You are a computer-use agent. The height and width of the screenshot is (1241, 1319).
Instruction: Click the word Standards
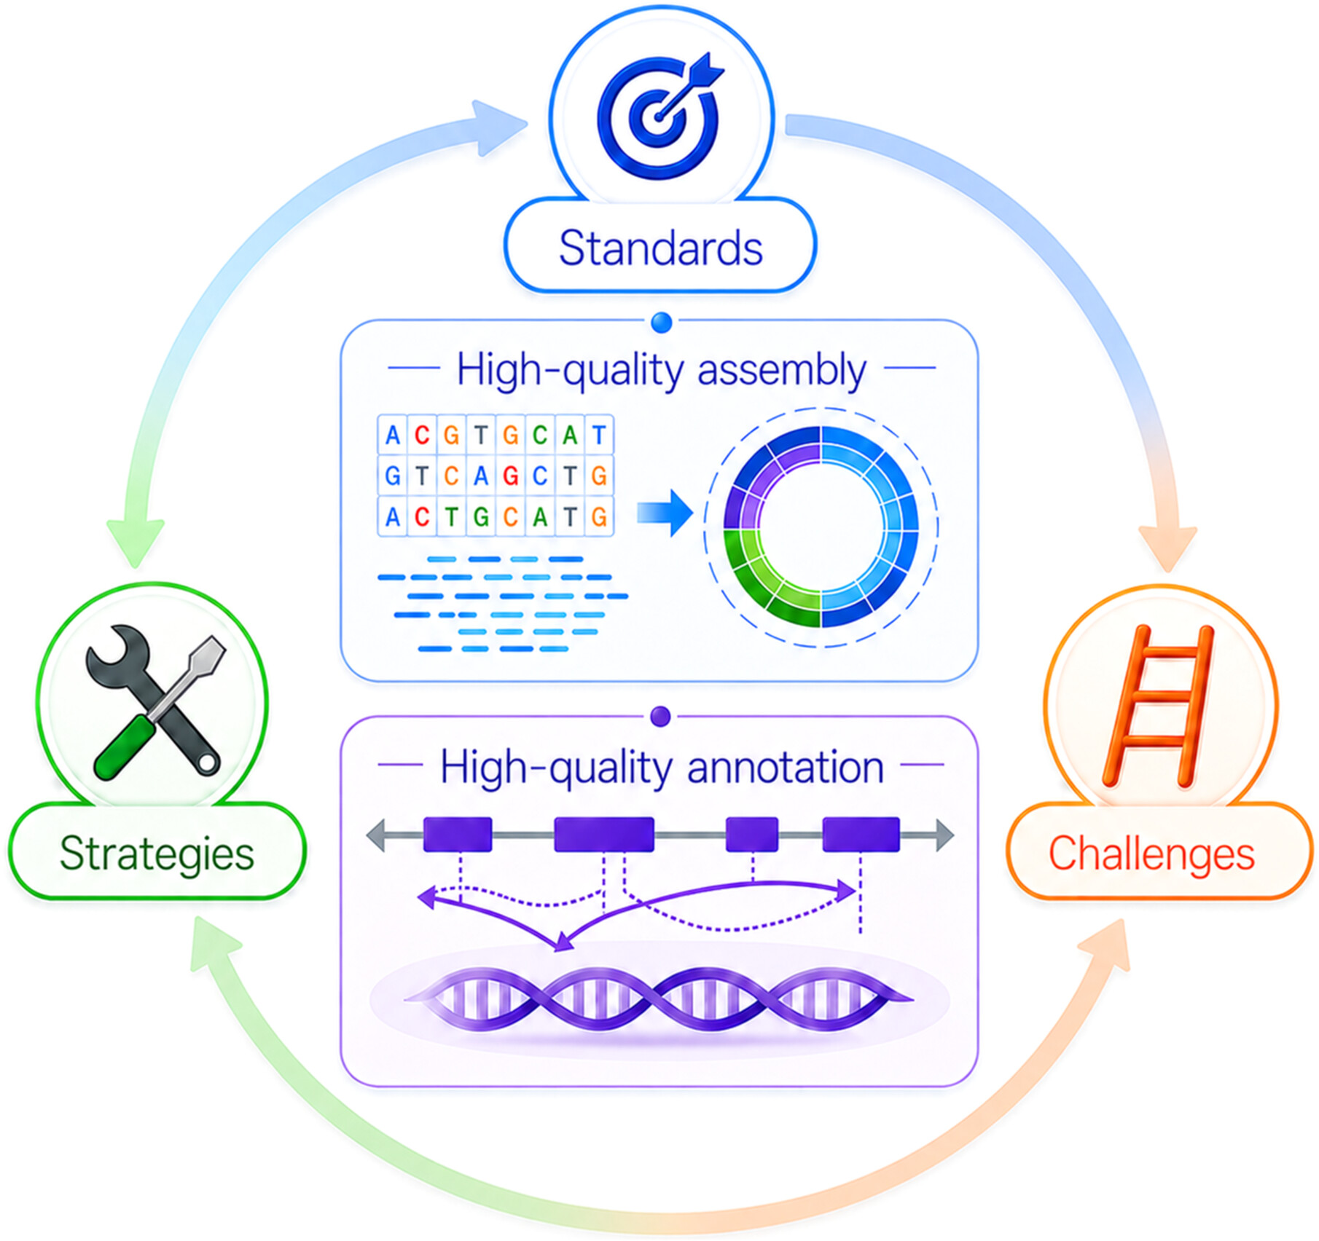pyautogui.click(x=660, y=248)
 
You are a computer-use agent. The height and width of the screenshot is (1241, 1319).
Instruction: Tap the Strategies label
pyautogui.click(x=157, y=854)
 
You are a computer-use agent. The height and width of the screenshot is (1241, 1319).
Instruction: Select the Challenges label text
pyautogui.click(x=1151, y=854)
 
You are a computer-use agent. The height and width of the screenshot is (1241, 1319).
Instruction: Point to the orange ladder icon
pyautogui.click(x=1159, y=706)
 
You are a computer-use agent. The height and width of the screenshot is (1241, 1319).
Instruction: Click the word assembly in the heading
pyautogui.click(x=781, y=371)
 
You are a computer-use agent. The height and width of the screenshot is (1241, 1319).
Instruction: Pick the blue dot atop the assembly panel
pyautogui.click(x=661, y=322)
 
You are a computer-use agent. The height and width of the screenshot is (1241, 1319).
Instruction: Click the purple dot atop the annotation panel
pyautogui.click(x=660, y=717)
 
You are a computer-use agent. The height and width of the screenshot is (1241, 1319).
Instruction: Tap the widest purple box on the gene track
pyautogui.click(x=604, y=835)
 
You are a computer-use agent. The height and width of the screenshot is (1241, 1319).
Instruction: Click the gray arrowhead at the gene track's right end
pyautogui.click(x=945, y=835)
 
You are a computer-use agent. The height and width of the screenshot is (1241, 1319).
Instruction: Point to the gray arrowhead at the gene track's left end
pyautogui.click(x=375, y=835)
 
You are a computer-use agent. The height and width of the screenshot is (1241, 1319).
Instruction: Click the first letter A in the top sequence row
pyautogui.click(x=393, y=436)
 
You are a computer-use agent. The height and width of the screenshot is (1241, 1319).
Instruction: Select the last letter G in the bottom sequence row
pyautogui.click(x=599, y=517)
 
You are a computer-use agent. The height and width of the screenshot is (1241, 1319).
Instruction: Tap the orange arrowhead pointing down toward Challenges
pyautogui.click(x=1168, y=548)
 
